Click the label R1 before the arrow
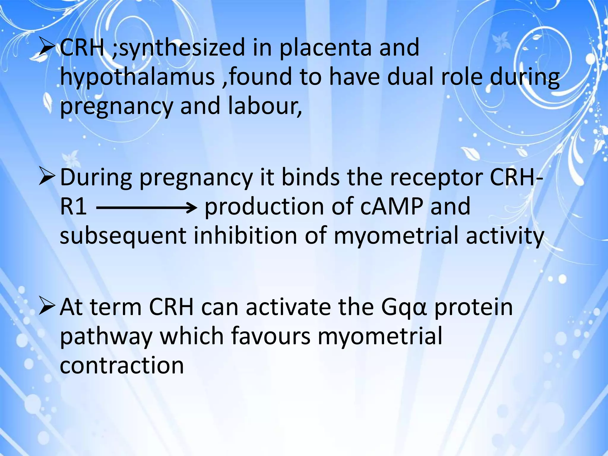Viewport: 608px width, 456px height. point(73,207)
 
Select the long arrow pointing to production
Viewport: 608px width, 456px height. point(147,208)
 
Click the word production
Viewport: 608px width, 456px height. point(264,207)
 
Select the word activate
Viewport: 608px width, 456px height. point(288,307)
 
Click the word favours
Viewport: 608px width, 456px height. point(270,336)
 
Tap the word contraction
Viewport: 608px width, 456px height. point(122,365)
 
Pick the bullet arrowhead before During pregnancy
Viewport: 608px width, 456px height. point(47,178)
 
